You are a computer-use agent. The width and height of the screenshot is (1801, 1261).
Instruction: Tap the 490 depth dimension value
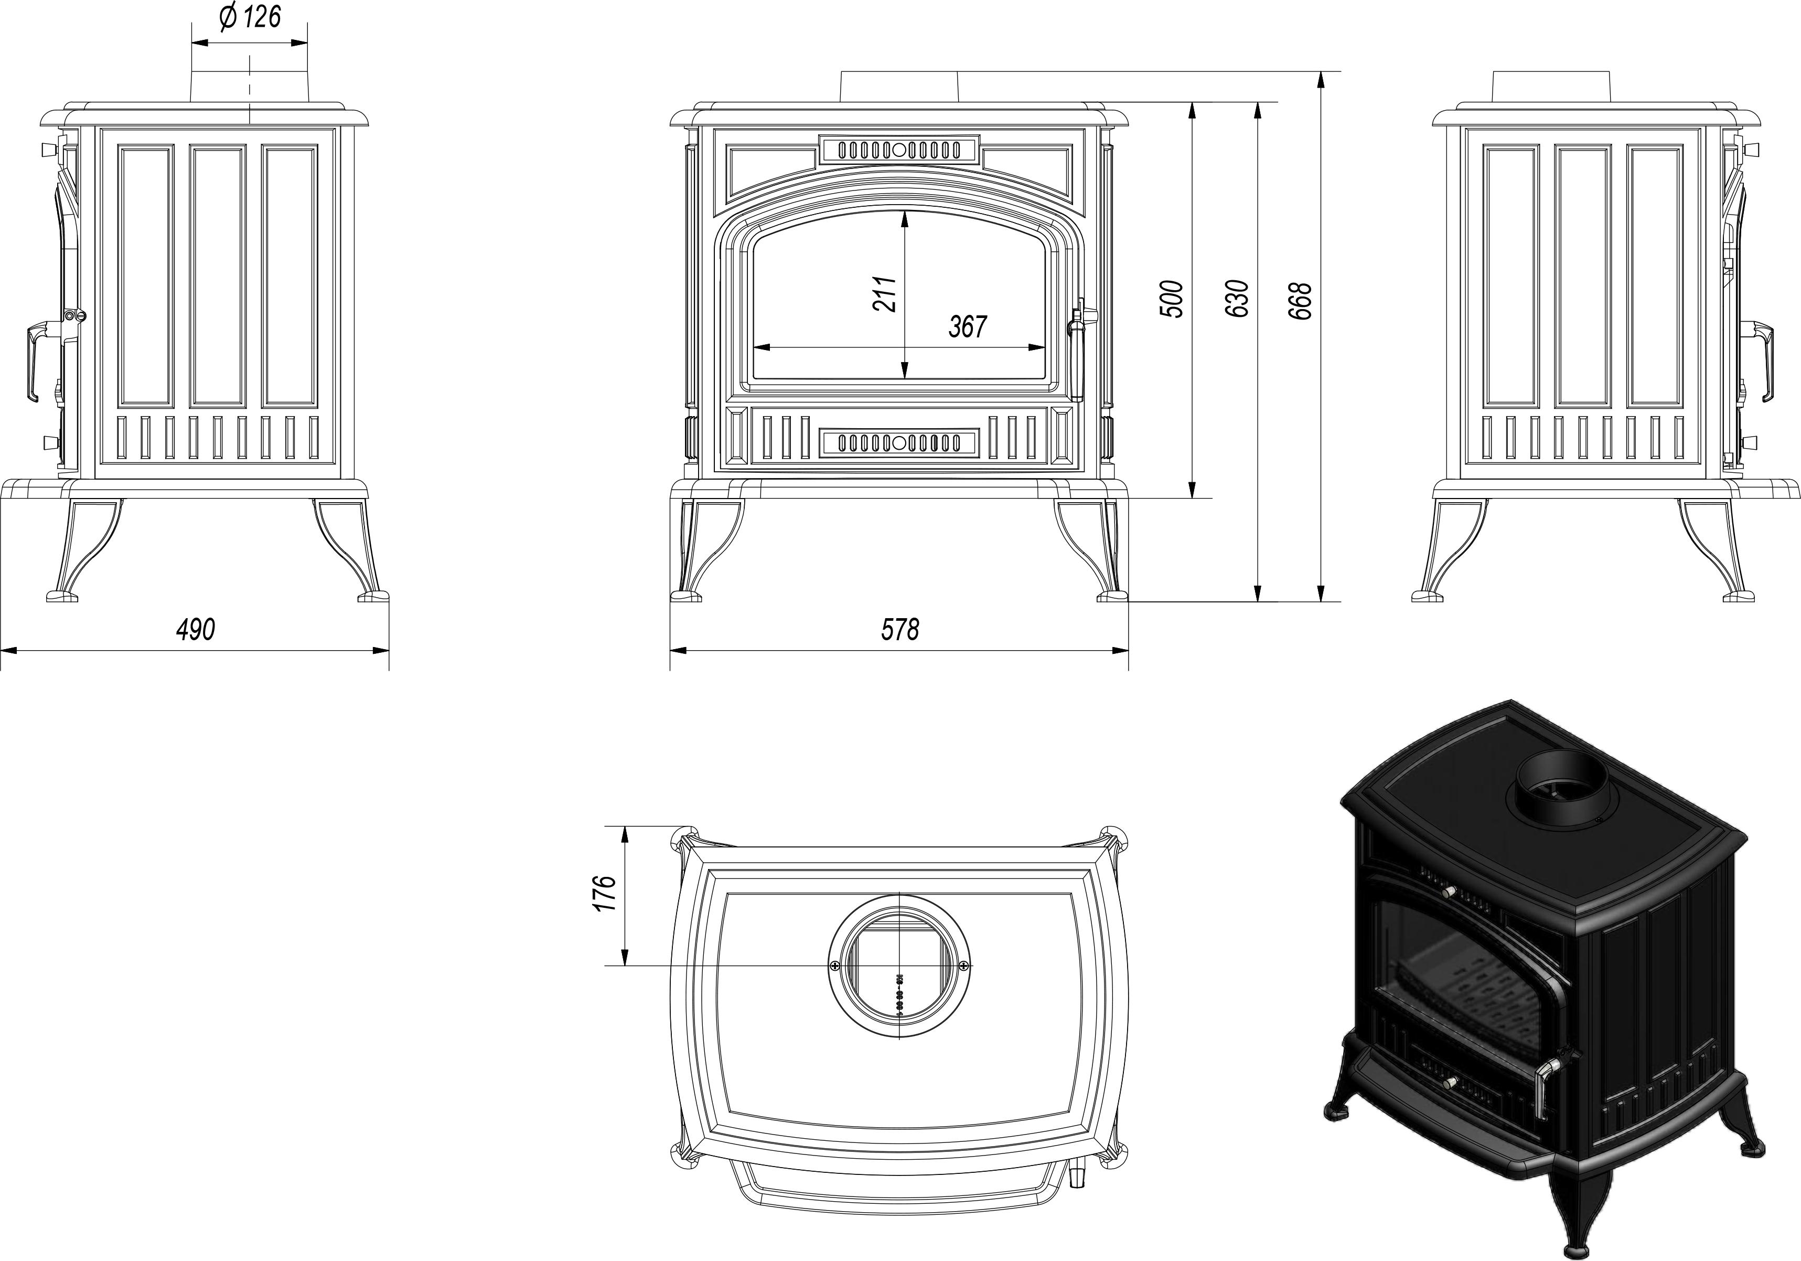(x=195, y=629)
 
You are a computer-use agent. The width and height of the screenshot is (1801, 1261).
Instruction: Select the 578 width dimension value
(x=900, y=629)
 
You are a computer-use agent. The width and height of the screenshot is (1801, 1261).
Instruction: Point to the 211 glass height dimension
(x=886, y=294)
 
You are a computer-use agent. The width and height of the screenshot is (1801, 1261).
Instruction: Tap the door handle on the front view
(x=1078, y=345)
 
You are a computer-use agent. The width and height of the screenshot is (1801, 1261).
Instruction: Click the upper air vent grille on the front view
(x=899, y=150)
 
